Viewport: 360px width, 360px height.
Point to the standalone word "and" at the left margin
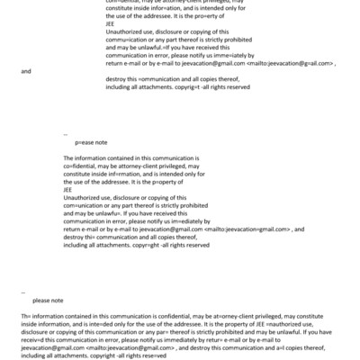[26, 71]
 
